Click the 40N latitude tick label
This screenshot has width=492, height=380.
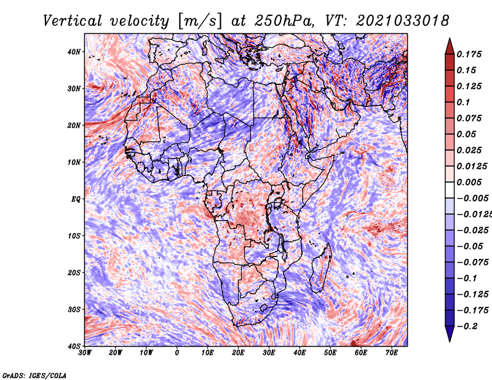click(x=74, y=52)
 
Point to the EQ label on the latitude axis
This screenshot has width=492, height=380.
click(x=76, y=199)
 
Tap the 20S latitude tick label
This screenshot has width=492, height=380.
click(x=74, y=272)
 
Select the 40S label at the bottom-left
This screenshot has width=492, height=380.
click(x=74, y=346)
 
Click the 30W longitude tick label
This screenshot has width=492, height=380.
click(x=85, y=353)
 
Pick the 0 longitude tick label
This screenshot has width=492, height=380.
click(x=177, y=353)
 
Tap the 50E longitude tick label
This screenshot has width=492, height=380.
click(x=330, y=353)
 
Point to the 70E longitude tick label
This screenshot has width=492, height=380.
click(x=392, y=353)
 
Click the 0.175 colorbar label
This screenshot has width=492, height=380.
click(x=469, y=54)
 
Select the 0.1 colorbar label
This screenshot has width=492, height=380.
click(x=463, y=102)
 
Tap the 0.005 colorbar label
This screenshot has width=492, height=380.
click(x=469, y=182)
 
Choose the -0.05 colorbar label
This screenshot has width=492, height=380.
click(x=470, y=247)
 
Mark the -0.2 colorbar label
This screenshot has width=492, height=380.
click(x=467, y=327)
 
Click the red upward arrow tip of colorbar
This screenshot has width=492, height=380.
click(x=450, y=39)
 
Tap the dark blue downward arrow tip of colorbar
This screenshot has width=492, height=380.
click(x=450, y=341)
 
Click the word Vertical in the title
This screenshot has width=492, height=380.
click(x=73, y=21)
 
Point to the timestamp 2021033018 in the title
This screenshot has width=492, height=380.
click(x=403, y=21)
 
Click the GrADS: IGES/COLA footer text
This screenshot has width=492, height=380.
click(x=34, y=375)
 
